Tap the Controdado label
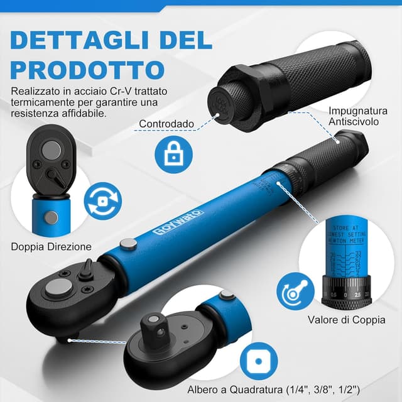coord(166,124)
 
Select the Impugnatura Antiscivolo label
coord(354,116)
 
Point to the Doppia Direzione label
coord(52,247)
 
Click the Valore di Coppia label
coord(347,320)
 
